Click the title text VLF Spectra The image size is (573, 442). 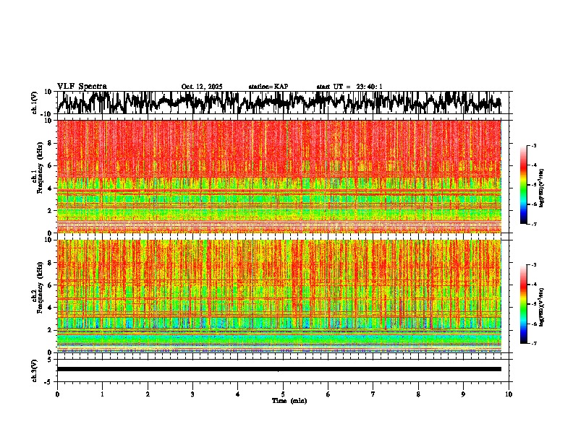[82, 86]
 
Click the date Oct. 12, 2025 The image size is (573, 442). [202, 87]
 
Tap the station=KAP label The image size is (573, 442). [268, 87]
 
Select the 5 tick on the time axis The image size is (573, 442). [283, 394]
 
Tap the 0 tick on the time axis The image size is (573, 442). [57, 394]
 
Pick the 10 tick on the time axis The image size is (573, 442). [509, 394]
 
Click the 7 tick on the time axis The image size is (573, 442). [373, 394]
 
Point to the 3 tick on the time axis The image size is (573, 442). [192, 394]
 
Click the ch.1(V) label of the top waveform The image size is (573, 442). [35, 103]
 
